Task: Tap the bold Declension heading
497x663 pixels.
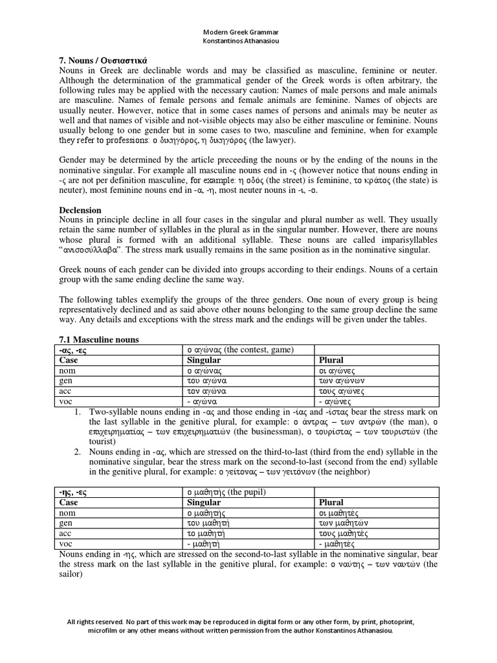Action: pyautogui.click(x=80, y=210)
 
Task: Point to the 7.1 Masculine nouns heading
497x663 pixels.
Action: pyautogui.click(x=99, y=340)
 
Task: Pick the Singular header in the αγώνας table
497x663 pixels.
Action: pyautogui.click(x=204, y=360)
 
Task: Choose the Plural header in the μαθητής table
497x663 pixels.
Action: pyautogui.click(x=331, y=502)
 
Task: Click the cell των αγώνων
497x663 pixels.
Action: pyautogui.click(x=342, y=381)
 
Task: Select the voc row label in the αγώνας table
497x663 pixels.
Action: pyautogui.click(x=66, y=402)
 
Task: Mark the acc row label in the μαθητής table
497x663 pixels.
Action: pyautogui.click(x=65, y=534)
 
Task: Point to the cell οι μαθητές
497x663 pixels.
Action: pyautogui.click(x=340, y=513)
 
